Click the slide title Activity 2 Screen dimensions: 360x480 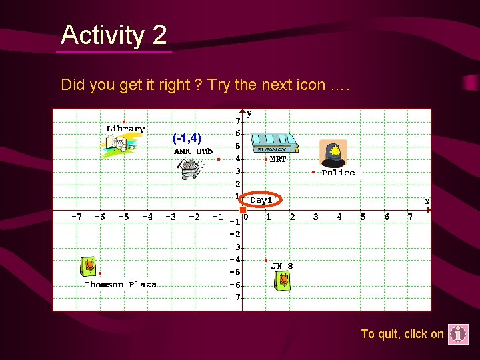point(113,35)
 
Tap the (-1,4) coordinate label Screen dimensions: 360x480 point(187,139)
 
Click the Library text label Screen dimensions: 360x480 point(126,129)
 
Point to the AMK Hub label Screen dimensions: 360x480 point(193,151)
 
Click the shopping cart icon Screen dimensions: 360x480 point(189,169)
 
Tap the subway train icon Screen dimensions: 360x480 point(273,143)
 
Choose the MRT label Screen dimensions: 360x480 point(278,159)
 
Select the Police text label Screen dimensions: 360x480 point(338,173)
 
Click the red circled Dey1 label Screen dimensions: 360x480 point(261,199)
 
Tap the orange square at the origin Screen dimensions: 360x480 point(243,210)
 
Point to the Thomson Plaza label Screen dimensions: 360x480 point(120,285)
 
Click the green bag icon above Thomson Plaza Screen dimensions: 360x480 point(89,267)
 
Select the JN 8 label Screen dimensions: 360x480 point(281,266)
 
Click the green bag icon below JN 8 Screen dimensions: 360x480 point(283,280)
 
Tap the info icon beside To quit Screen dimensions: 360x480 point(458,334)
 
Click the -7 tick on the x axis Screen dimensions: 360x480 point(77,217)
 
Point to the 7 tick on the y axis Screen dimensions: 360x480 point(237,121)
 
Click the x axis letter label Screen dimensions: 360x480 point(427,201)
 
